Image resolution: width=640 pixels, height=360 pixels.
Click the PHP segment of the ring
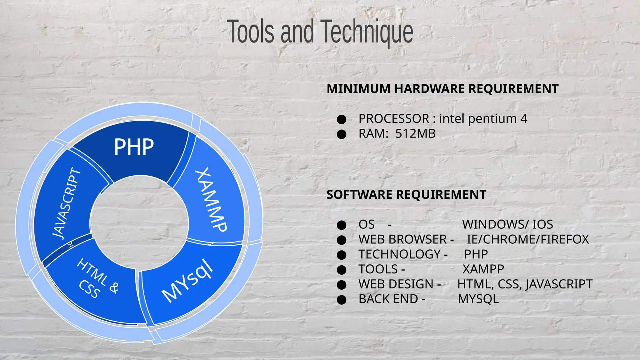[x=134, y=147]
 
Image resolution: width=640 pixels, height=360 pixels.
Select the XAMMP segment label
[x=211, y=200]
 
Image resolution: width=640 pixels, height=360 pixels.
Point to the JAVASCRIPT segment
[x=66, y=203]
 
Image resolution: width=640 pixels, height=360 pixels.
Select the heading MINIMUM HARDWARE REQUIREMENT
[x=442, y=89]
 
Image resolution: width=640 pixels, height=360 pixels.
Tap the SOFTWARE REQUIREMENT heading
[x=406, y=195]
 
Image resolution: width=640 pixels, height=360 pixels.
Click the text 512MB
[x=415, y=134]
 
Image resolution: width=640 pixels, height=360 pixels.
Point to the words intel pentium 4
[x=483, y=119]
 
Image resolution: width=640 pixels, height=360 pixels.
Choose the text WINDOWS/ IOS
[x=507, y=224]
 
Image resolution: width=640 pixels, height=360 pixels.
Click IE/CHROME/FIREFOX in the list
[x=528, y=239]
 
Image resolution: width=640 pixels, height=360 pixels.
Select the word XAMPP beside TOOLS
[x=483, y=269]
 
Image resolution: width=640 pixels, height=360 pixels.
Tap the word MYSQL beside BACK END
[x=478, y=299]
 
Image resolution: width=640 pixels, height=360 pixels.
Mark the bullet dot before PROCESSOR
[x=342, y=119]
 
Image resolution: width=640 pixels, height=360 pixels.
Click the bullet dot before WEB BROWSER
[x=342, y=240]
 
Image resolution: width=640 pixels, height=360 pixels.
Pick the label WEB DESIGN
[x=396, y=284]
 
